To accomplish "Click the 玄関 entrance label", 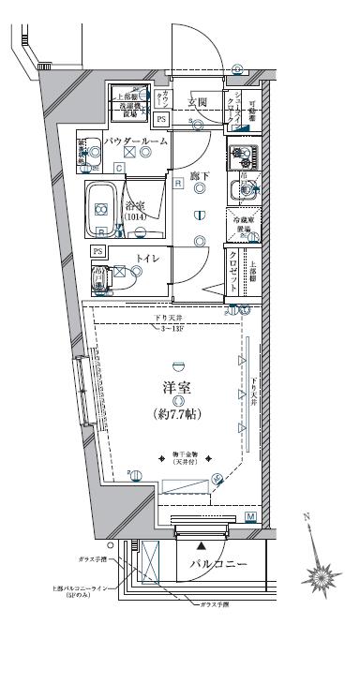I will coord(197,102).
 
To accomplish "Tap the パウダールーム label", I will coord(136,140).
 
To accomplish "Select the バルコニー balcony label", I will coord(217,565).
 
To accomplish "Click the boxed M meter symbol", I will coord(250,516).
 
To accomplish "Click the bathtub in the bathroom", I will coord(101,209).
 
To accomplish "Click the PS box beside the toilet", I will coord(98,251).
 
